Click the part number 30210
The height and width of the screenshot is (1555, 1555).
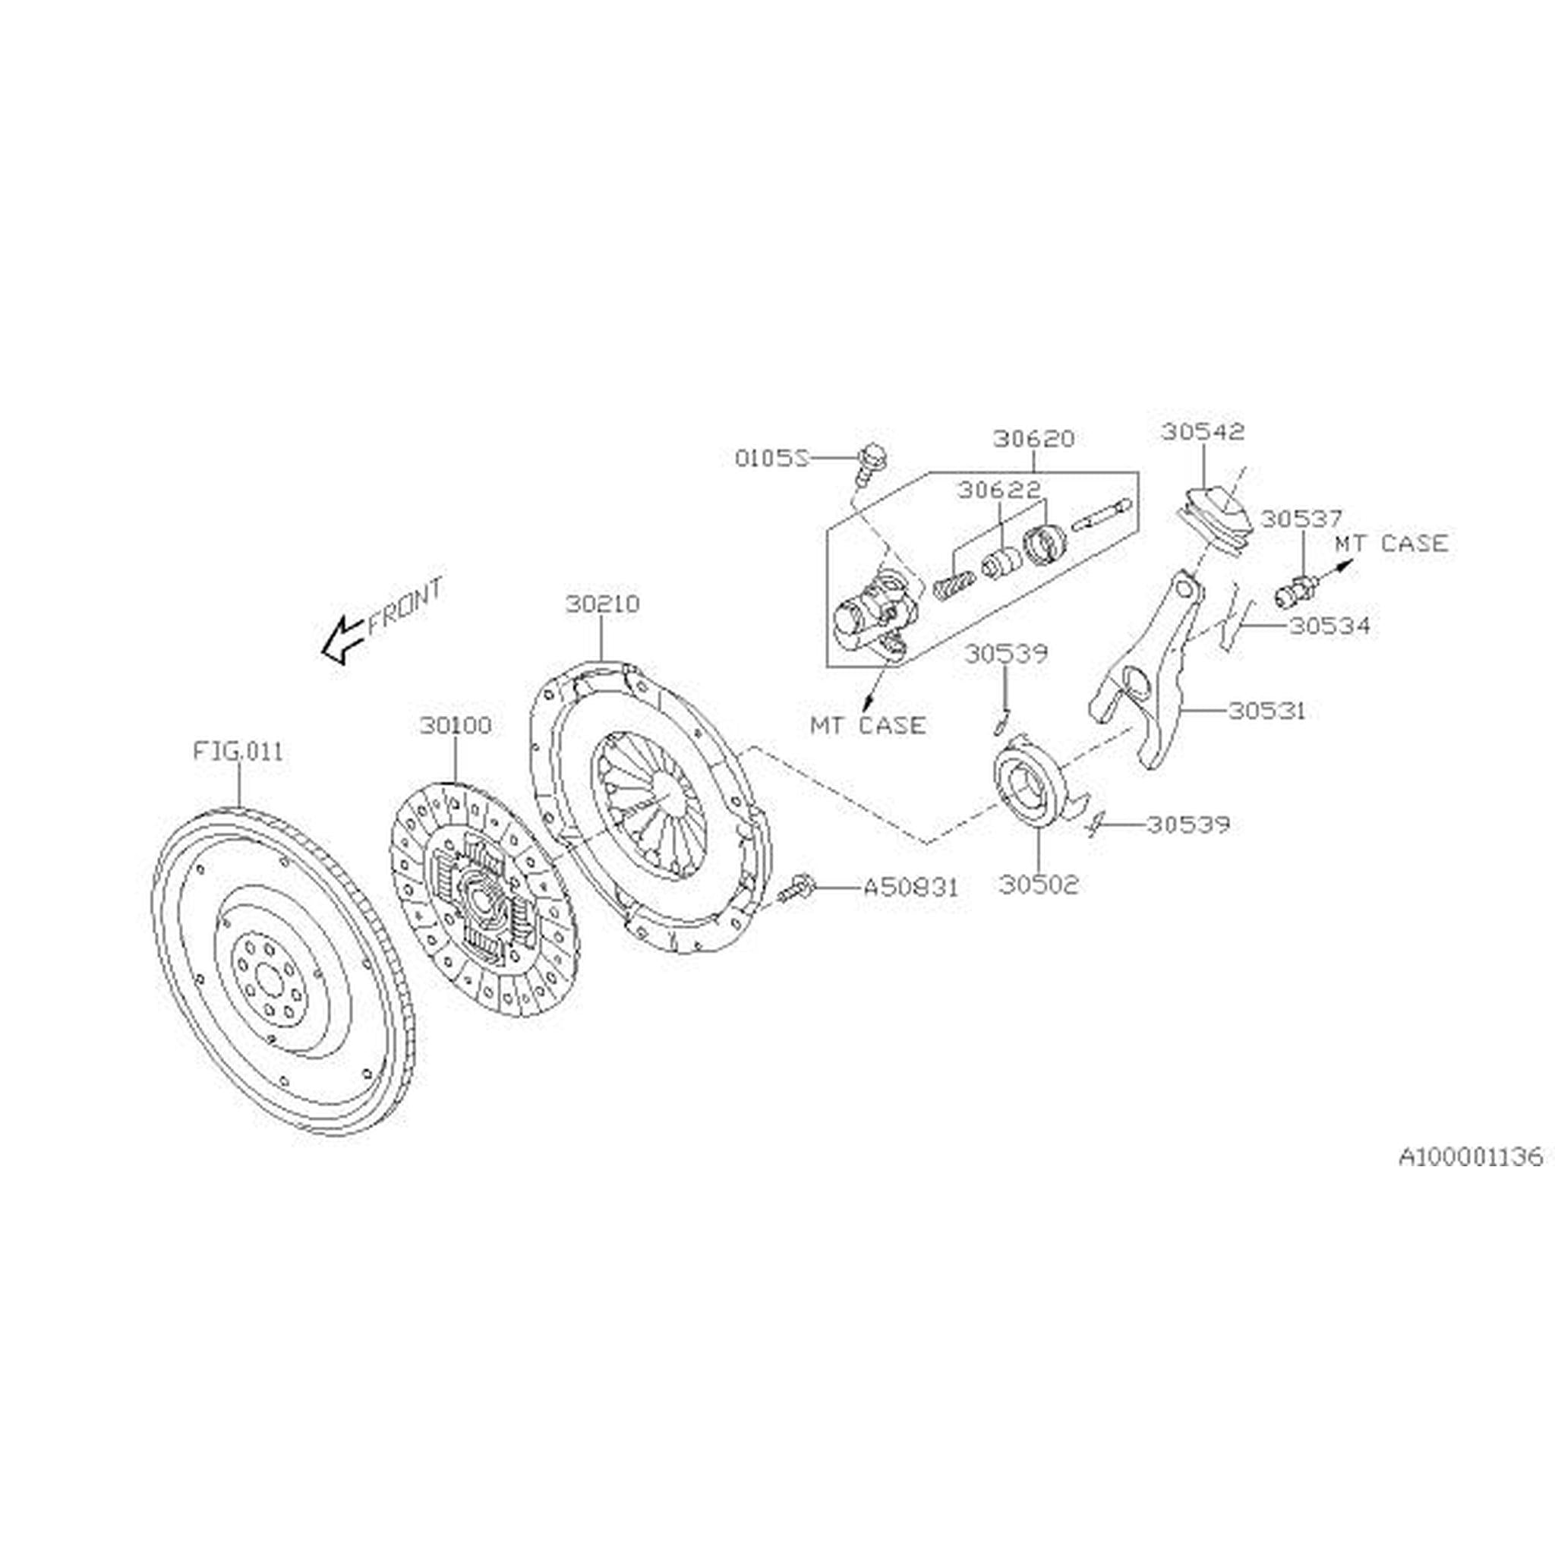[602, 604]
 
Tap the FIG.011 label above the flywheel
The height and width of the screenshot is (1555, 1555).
[238, 752]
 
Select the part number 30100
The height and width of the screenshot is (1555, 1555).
[456, 726]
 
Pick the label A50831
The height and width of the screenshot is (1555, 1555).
[911, 888]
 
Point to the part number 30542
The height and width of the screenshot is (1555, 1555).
[1203, 432]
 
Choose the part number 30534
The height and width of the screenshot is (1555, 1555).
[1329, 626]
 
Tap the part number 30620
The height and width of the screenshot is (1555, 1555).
[1033, 440]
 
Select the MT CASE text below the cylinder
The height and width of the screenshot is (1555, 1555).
[868, 725]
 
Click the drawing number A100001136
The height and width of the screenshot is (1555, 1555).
[1471, 1156]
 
